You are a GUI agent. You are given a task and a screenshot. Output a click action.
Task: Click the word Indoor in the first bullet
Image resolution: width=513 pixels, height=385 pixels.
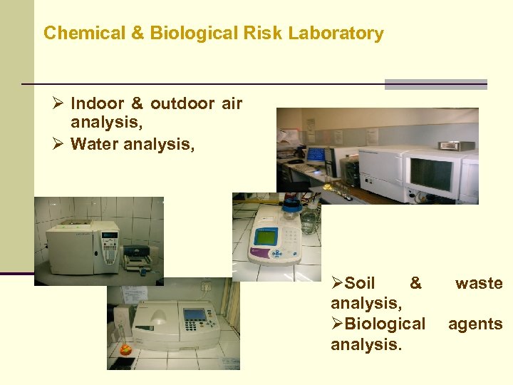coord(97,104)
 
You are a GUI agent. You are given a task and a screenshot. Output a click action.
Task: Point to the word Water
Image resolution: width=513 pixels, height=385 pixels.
coord(95,144)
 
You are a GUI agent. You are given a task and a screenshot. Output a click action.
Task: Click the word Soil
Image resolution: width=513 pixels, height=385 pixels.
coord(360,284)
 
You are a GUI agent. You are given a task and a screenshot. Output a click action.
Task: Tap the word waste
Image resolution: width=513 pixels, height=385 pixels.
coord(479,284)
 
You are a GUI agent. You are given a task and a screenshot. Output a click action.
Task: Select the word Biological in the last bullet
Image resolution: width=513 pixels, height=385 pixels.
coord(385,324)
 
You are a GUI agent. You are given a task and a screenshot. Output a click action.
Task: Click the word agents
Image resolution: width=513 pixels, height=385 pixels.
coord(475,324)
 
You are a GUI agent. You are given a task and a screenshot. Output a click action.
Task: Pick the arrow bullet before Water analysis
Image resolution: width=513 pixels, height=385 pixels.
coord(59,144)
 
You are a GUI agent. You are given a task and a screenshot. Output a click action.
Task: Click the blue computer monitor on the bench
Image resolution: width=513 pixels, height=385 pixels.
coord(316,154)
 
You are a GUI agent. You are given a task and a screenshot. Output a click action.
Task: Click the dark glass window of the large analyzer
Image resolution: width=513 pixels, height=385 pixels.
coord(431,175)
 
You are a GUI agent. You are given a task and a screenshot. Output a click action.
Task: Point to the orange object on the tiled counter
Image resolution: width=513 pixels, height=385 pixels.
coord(126,349)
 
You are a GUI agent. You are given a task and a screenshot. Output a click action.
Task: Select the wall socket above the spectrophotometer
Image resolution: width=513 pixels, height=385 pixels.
coord(207,287)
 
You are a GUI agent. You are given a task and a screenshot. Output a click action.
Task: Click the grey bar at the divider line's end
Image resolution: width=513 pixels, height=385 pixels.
coord(436,84)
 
